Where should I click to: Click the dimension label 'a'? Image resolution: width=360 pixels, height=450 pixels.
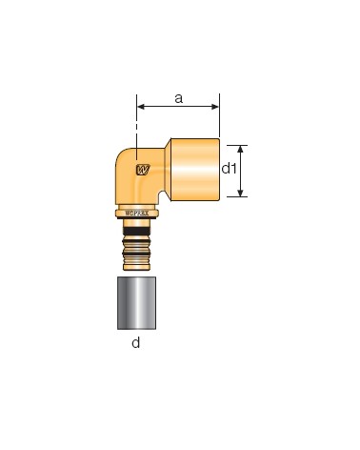pyautogui.click(x=178, y=96)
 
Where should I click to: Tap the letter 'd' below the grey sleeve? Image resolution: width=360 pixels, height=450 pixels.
pyautogui.click(x=136, y=343)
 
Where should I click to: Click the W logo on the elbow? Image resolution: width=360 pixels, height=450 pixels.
pyautogui.click(x=142, y=171)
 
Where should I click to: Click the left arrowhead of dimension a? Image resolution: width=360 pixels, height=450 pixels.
pyautogui.click(x=141, y=106)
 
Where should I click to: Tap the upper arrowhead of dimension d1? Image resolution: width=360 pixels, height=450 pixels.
pyautogui.click(x=241, y=149)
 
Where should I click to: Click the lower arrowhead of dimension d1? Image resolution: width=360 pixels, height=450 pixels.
pyautogui.click(x=241, y=193)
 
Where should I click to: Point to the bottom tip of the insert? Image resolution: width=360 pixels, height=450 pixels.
pyautogui.click(x=137, y=272)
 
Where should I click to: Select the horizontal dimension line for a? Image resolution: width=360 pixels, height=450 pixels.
pyautogui.click(x=178, y=106)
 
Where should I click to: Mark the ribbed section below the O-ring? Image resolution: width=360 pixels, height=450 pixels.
pyautogui.click(x=137, y=254)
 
